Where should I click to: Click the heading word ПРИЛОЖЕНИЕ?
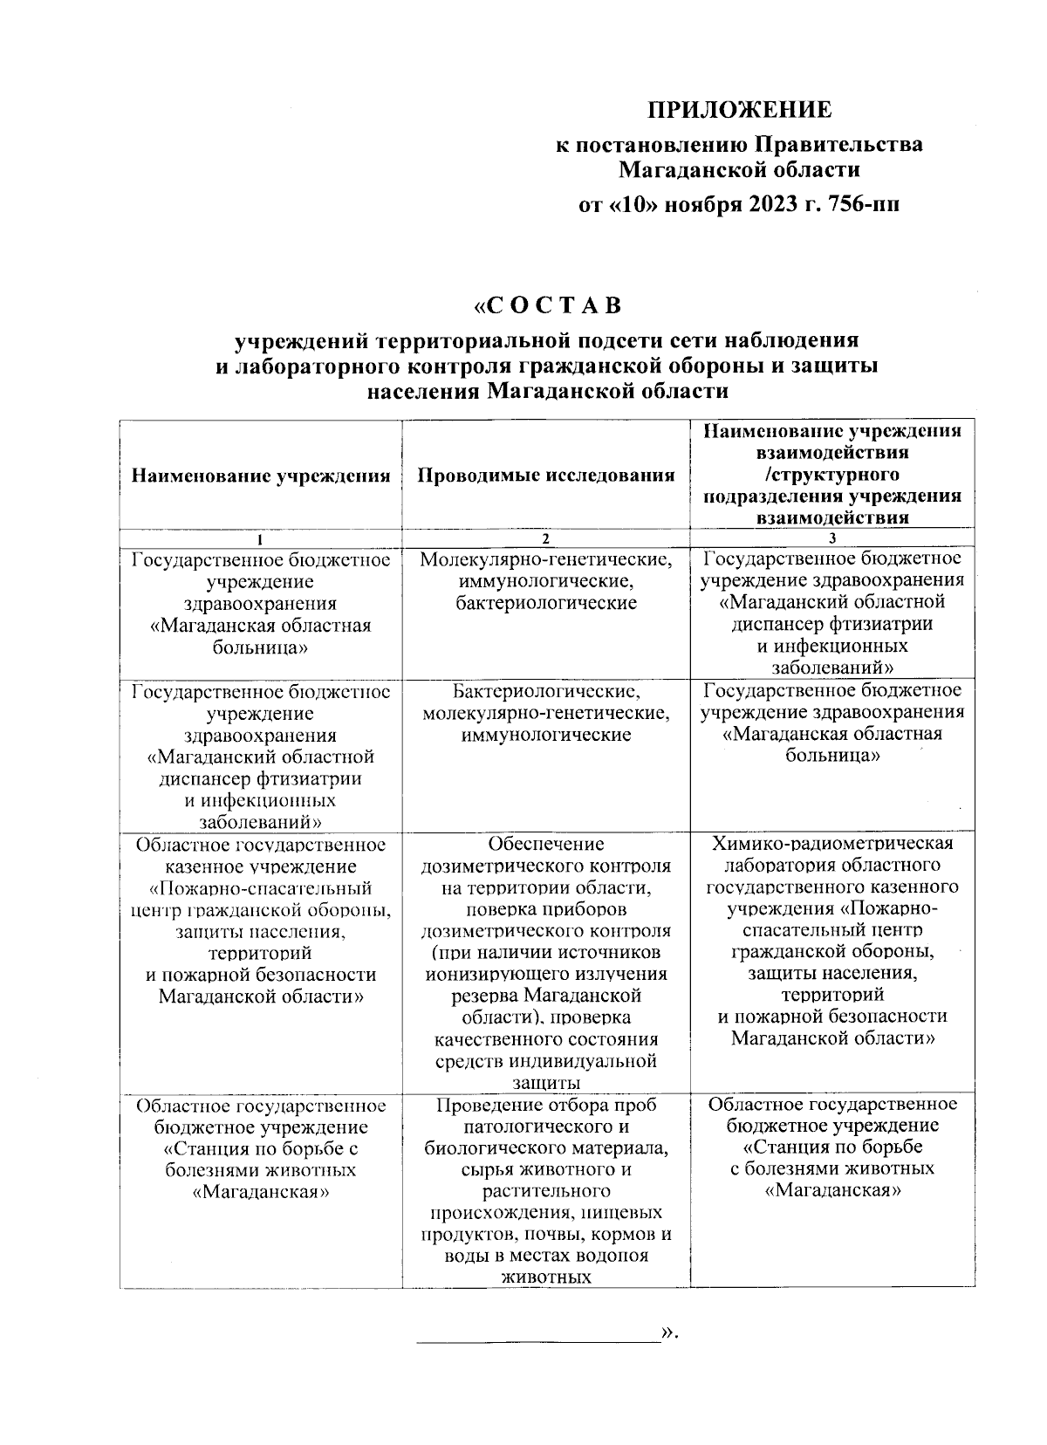click(x=739, y=111)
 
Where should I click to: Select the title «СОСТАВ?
click(x=547, y=307)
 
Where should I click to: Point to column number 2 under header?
click(x=546, y=539)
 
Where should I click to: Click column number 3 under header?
click(x=832, y=539)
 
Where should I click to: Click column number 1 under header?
click(x=260, y=539)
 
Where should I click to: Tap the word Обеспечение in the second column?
click(x=546, y=845)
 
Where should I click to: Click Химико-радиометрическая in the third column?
click(x=832, y=844)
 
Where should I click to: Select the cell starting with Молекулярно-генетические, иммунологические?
click(x=546, y=580)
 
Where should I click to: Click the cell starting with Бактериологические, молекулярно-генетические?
click(x=546, y=714)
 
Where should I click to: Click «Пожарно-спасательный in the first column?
click(x=260, y=888)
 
